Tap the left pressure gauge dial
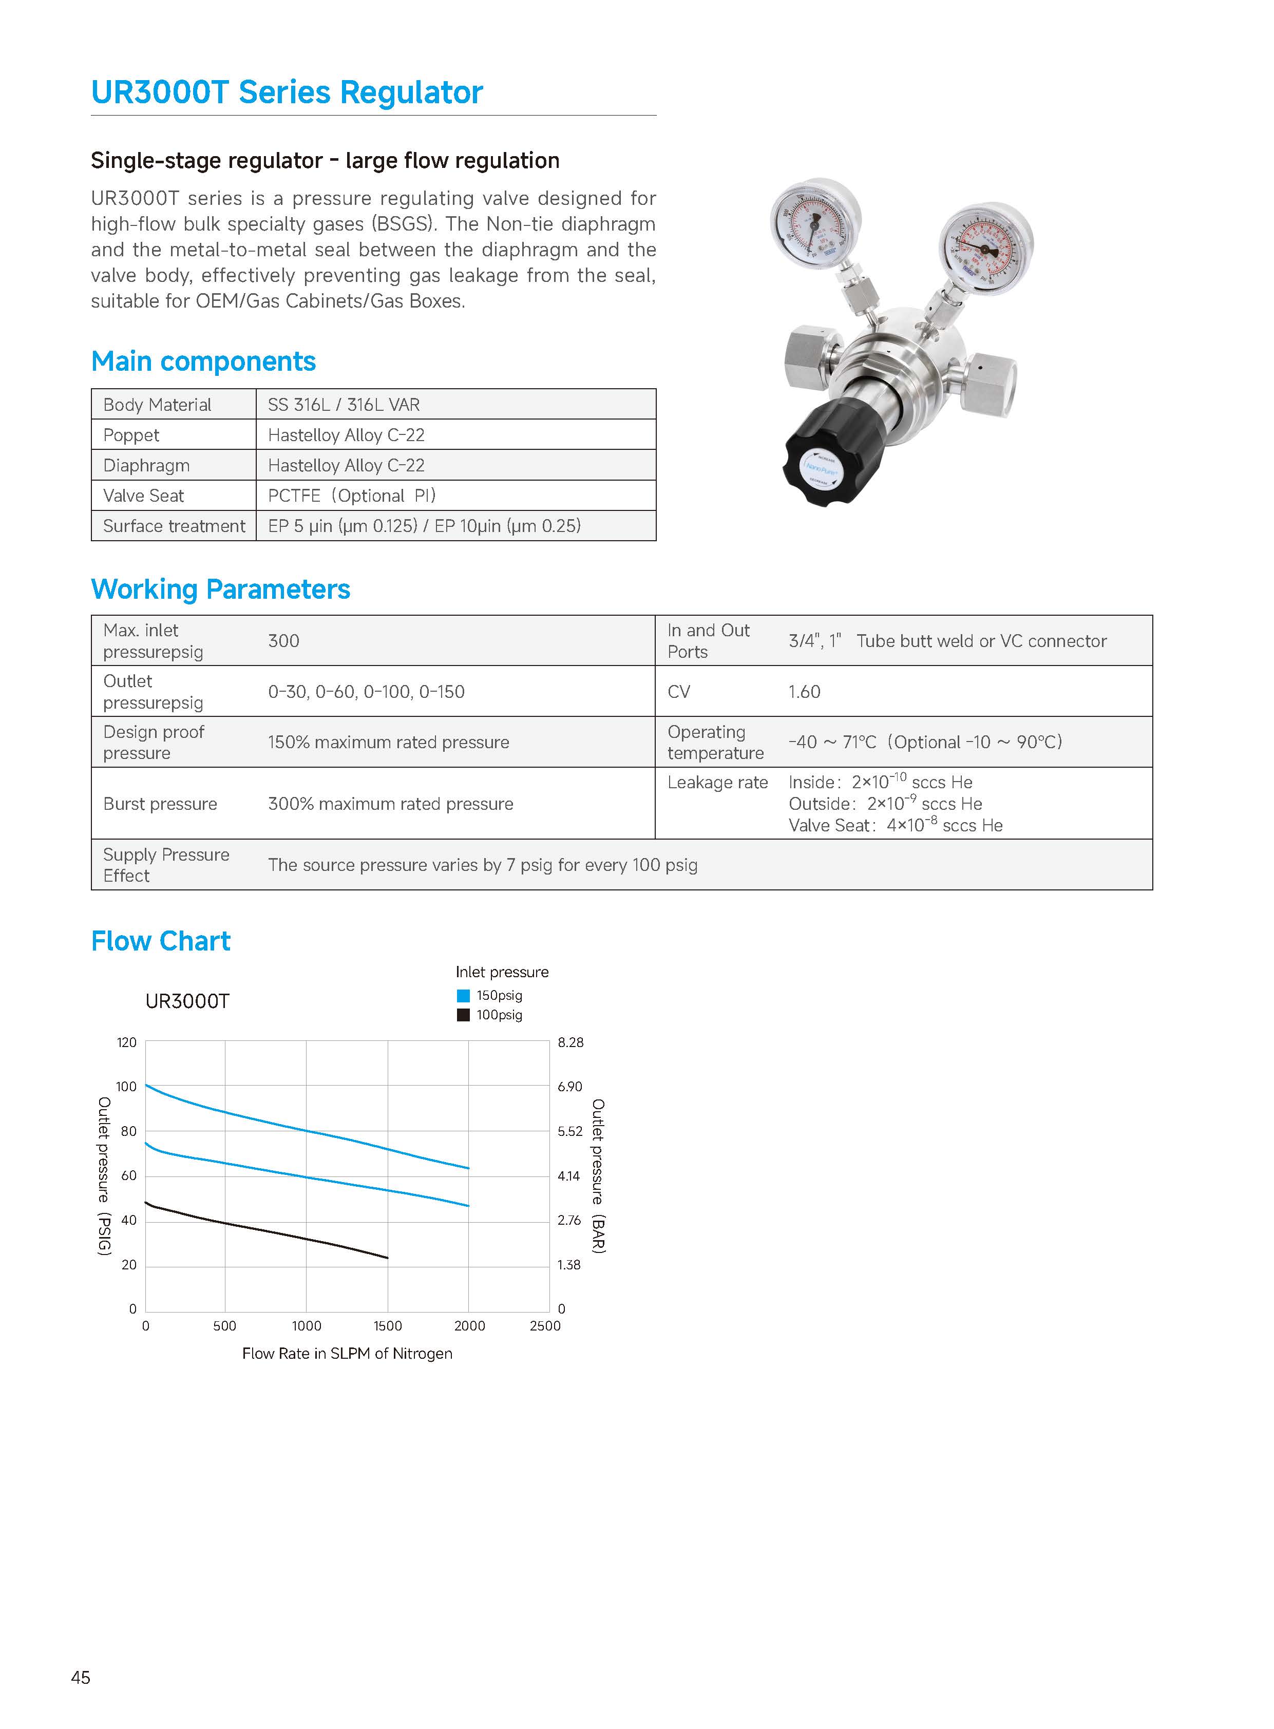click(x=814, y=224)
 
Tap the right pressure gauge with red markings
click(x=985, y=249)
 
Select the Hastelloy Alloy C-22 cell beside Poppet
click(x=346, y=435)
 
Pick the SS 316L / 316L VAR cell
click(x=344, y=405)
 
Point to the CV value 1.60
click(x=804, y=692)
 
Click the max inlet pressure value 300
click(x=284, y=641)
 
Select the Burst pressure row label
click(x=160, y=804)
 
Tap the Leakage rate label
click(x=717, y=783)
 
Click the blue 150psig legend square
click(x=464, y=996)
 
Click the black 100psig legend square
click(x=464, y=1015)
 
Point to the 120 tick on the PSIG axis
click(x=126, y=1042)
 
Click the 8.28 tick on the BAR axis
click(x=571, y=1042)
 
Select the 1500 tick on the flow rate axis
click(x=388, y=1326)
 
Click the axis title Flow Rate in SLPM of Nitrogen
click(x=347, y=1354)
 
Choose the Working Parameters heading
click(x=221, y=589)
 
